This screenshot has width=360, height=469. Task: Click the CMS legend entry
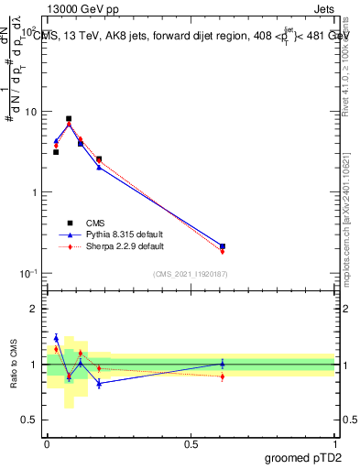[96, 223]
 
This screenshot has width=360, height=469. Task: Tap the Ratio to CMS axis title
[14, 365]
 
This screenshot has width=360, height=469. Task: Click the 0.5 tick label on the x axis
[191, 444]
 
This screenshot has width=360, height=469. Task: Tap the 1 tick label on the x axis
[335, 444]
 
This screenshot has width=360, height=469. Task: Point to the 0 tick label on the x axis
[47, 444]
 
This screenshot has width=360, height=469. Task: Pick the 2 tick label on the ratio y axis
[35, 309]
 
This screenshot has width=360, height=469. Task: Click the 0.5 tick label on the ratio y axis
[31, 421]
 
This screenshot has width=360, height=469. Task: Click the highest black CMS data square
[69, 118]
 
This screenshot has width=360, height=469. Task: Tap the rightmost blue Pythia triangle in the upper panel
[223, 245]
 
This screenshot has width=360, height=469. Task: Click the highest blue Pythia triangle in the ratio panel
[56, 338]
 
